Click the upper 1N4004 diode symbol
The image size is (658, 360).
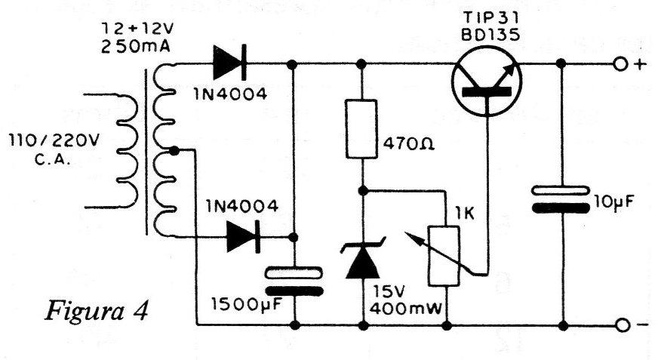(229, 63)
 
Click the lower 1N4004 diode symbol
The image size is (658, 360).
(243, 237)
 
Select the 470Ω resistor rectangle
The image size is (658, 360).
(361, 129)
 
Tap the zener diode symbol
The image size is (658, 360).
(362, 260)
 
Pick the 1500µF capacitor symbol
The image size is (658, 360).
(294, 282)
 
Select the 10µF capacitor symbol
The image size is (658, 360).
(561, 199)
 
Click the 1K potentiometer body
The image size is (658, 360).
(444, 256)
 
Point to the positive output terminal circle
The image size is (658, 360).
(620, 65)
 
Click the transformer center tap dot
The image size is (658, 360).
(175, 150)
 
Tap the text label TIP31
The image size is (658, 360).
(491, 17)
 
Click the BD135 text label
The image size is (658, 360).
(490, 35)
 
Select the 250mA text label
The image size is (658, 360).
(136, 47)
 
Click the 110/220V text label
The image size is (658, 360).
(54, 140)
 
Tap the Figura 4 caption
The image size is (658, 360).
(96, 311)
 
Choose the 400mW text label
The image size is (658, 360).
(406, 309)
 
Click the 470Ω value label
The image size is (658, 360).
(409, 144)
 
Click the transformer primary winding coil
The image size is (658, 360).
(125, 151)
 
